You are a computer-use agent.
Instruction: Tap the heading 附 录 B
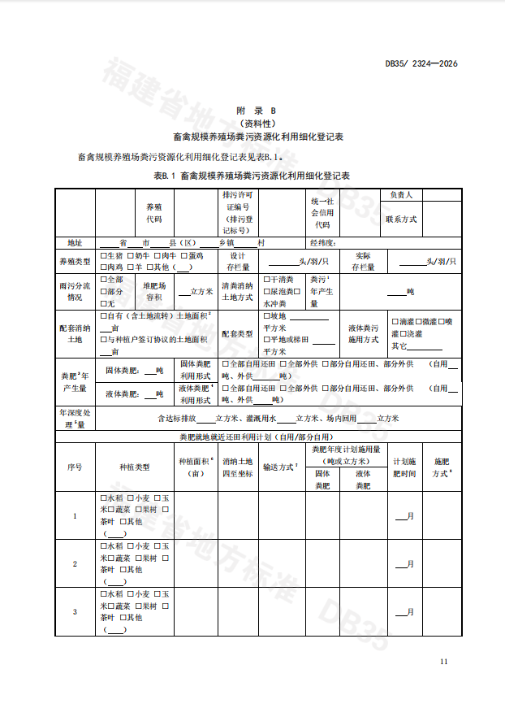point(256,110)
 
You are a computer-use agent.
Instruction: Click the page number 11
point(443,662)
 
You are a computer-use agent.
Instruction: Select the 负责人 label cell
point(401,195)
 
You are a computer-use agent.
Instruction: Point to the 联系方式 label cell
point(401,219)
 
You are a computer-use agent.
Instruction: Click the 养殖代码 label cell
point(153,213)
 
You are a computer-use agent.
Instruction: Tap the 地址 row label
point(75,242)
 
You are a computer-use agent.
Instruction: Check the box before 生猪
point(103,256)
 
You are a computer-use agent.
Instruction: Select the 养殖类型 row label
point(75,261)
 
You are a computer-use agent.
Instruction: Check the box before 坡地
point(266,315)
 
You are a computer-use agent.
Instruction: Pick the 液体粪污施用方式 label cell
point(363,333)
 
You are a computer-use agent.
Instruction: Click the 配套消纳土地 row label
point(75,333)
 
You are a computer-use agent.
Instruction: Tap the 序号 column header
point(75,467)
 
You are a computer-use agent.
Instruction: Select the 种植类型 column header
point(135,467)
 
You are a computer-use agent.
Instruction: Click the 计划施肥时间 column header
point(404,467)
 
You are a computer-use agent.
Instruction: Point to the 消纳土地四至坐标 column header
point(238,467)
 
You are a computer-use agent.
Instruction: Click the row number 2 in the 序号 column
point(75,563)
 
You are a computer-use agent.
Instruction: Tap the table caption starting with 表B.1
point(252,175)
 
